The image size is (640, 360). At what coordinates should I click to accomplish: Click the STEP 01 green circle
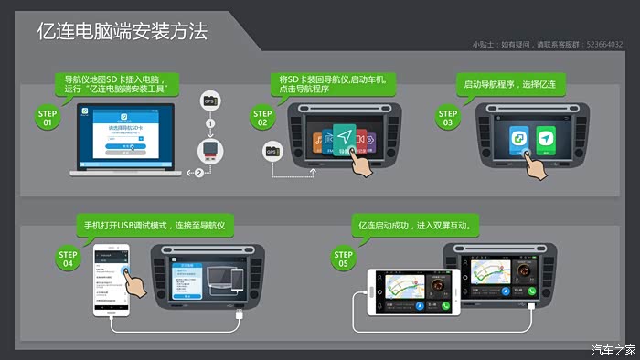pos(48,118)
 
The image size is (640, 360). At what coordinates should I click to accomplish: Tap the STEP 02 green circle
pos(263,118)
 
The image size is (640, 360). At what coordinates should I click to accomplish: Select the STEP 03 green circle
pos(448,118)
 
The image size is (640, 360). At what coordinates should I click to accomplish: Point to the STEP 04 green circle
pos(67,259)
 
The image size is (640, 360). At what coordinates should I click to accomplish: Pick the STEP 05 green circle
pos(343,259)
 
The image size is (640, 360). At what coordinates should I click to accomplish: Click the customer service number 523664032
pos(603,43)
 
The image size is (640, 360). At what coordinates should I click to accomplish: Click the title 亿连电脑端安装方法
pos(122,32)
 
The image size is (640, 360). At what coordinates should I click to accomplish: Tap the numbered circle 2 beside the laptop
pos(198,172)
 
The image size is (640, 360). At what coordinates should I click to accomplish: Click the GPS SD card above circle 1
pos(209,101)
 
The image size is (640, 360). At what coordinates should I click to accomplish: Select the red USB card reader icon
pos(209,152)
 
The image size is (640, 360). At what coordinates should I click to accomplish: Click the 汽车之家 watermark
pos(613,349)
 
